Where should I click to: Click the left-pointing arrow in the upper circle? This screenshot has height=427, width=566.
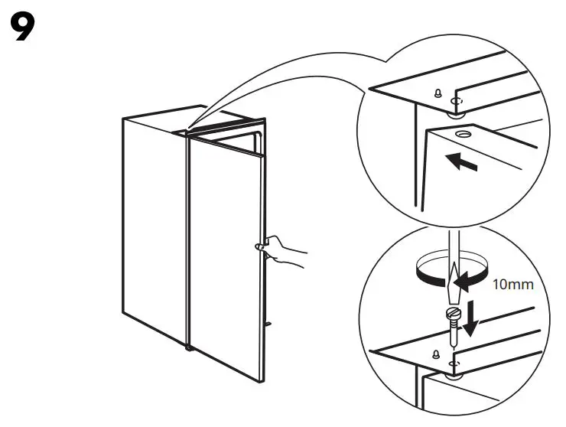click(x=463, y=162)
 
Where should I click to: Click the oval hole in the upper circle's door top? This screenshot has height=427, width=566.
click(x=463, y=135)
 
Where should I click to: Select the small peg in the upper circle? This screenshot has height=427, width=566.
click(x=437, y=94)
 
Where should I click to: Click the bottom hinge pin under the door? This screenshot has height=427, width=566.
click(x=189, y=348)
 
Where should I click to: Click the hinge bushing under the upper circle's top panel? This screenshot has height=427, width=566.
click(x=457, y=114)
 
